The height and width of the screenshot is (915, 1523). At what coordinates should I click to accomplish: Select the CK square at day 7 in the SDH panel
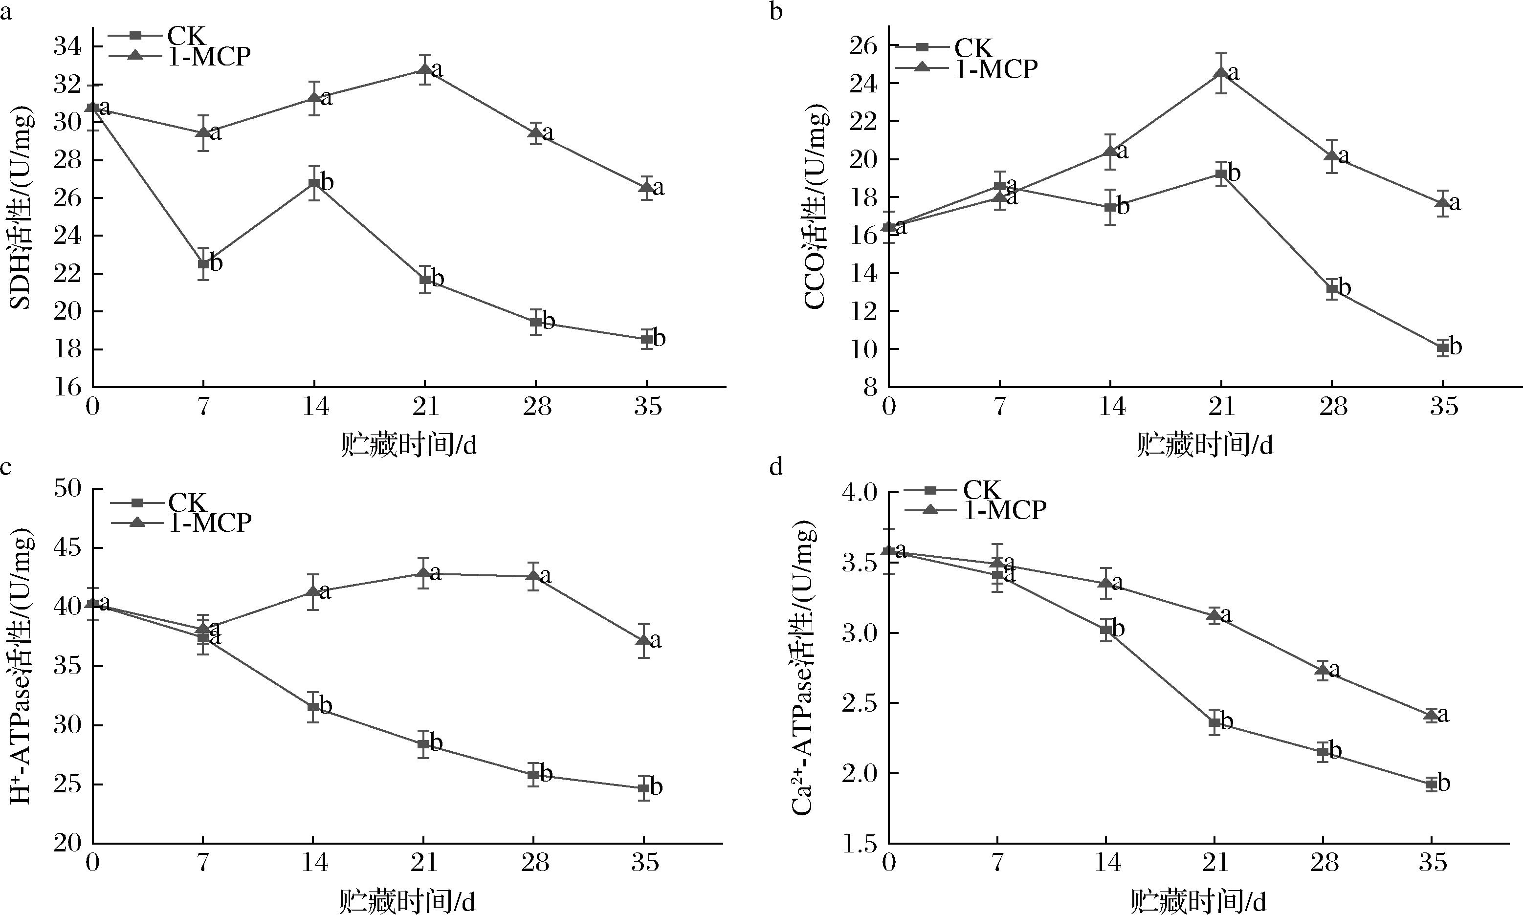[x=203, y=264]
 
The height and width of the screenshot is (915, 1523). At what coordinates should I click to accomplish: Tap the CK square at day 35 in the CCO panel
[x=1442, y=348]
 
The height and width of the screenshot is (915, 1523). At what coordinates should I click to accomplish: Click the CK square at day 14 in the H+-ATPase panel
[x=313, y=707]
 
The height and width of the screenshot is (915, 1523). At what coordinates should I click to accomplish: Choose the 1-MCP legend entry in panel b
[x=996, y=68]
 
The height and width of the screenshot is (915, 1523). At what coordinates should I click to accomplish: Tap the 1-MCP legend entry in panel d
[x=1004, y=510]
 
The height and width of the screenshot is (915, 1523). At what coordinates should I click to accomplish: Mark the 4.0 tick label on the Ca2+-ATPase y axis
[x=858, y=493]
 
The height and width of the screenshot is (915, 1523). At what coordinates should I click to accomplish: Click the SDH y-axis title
[x=22, y=210]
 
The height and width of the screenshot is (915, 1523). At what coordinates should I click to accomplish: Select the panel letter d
[x=776, y=467]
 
